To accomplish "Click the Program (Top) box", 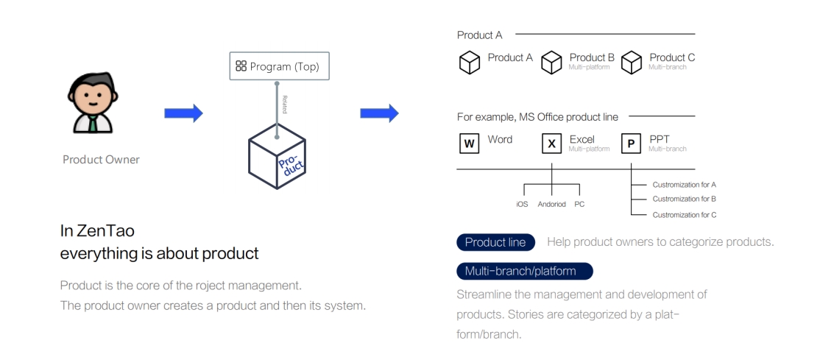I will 279,67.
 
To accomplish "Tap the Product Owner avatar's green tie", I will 93,122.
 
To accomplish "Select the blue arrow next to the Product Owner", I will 183,113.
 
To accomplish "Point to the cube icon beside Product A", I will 470,63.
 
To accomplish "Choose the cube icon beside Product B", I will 551,63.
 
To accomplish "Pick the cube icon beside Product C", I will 632,63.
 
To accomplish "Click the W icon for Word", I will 469,144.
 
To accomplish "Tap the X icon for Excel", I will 551,144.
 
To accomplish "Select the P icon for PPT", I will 631,144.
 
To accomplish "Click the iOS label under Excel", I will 522,204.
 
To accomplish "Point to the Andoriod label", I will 551,204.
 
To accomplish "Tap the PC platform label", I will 579,204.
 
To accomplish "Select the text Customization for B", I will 684,199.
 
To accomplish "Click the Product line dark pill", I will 495,242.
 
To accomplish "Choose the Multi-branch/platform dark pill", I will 524,271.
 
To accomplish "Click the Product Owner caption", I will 101,160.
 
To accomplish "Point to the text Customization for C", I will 684,214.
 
